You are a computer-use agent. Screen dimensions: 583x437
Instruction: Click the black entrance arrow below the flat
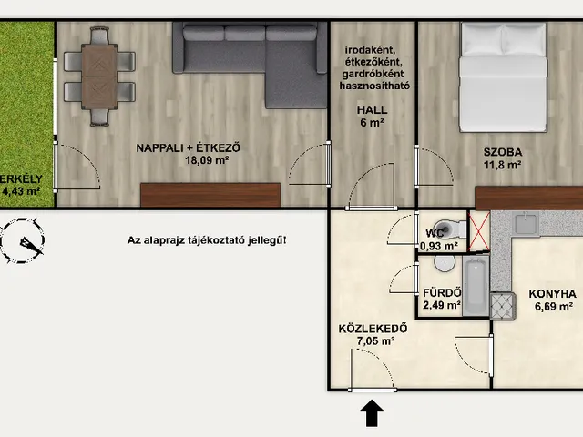tap(372, 413)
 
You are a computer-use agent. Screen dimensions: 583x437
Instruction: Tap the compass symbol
tap(22, 240)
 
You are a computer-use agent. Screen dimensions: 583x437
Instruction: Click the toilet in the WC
tap(450, 229)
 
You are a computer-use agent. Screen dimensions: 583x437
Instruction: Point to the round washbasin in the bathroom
tap(445, 263)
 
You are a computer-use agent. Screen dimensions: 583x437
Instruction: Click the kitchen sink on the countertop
tap(526, 223)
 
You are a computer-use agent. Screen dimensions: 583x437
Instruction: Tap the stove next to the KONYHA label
tap(503, 306)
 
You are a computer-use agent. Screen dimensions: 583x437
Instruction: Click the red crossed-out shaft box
tap(479, 231)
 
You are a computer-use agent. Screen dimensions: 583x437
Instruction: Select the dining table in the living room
tap(99, 76)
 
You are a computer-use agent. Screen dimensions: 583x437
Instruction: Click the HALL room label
tap(372, 109)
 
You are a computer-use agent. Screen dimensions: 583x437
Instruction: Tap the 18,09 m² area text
tap(207, 160)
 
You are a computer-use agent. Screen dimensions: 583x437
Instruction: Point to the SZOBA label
tap(503, 152)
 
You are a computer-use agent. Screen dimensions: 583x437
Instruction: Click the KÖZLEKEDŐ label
tap(368, 329)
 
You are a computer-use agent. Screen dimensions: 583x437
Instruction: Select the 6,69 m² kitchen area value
tap(553, 307)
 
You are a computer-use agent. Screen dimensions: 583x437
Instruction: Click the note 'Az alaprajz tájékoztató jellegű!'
tap(207, 240)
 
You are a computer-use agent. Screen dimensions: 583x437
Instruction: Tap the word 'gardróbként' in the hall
tap(373, 74)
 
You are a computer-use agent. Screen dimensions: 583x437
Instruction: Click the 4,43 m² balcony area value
tap(21, 191)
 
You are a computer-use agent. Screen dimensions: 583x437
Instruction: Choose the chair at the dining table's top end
tap(99, 36)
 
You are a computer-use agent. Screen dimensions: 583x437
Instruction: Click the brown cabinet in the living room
tap(210, 195)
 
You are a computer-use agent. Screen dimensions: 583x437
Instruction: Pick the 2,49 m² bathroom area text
tap(442, 305)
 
